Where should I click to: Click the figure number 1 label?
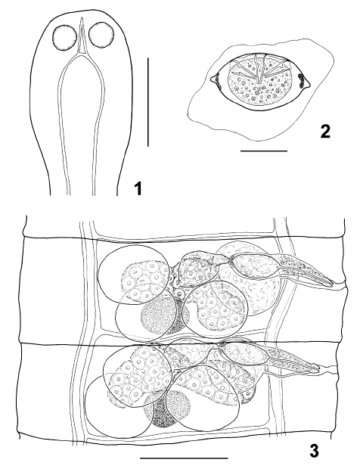(x=137, y=189)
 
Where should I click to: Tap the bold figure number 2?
(x=325, y=132)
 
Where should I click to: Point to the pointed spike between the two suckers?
(x=81, y=36)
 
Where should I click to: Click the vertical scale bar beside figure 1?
(x=148, y=103)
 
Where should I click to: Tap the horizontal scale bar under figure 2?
(x=264, y=151)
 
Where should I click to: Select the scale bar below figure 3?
(x=184, y=458)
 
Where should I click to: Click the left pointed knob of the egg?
(x=213, y=79)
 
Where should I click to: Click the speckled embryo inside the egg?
(x=259, y=82)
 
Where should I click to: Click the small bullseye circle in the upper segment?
(x=179, y=294)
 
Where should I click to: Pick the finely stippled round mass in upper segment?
(x=159, y=318)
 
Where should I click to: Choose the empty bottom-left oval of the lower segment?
(x=116, y=410)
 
